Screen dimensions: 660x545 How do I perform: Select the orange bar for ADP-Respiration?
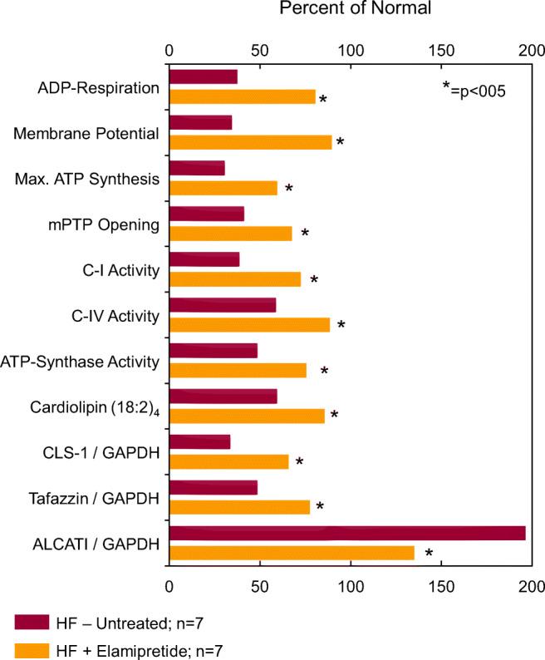[242, 97]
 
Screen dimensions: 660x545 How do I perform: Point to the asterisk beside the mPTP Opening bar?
[305, 234]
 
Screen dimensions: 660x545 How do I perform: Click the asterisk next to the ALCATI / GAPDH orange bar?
[429, 554]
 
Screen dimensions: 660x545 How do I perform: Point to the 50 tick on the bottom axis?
[259, 586]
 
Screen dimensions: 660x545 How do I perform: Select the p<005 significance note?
[474, 89]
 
